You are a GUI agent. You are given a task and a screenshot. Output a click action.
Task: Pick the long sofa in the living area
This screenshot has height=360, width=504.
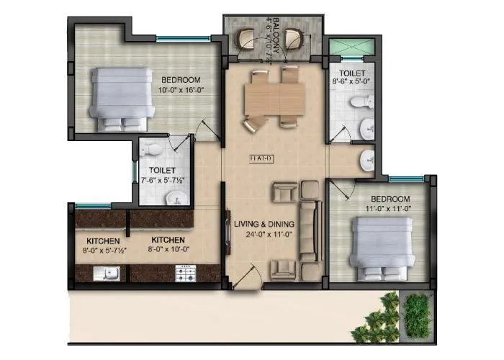(x=310, y=230)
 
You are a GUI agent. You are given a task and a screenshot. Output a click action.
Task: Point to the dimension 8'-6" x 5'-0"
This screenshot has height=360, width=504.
(x=352, y=83)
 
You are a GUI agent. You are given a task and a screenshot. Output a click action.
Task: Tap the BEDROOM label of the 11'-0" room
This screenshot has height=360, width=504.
(x=391, y=199)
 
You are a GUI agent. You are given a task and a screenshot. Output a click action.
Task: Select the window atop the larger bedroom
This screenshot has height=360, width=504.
(x=173, y=38)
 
